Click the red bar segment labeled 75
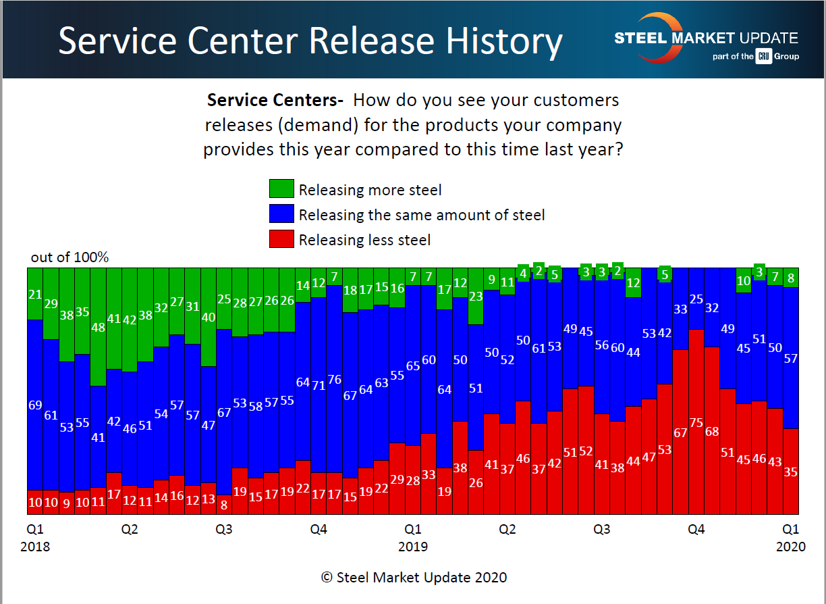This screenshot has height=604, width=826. click(x=696, y=422)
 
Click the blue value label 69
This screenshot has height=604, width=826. click(x=35, y=405)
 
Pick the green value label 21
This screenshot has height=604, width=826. click(x=35, y=294)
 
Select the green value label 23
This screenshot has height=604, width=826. click(x=476, y=296)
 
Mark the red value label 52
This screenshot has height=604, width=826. click(x=586, y=451)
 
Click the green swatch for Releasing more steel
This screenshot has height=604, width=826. click(x=281, y=189)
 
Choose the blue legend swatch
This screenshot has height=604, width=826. click(x=281, y=214)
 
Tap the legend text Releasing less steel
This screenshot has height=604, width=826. click(x=364, y=240)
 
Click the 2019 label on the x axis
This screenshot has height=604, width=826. click(x=413, y=547)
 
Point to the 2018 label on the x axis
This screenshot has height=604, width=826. click(x=35, y=547)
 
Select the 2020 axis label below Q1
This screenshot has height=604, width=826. click(x=791, y=547)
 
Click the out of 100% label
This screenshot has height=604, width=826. click(x=70, y=257)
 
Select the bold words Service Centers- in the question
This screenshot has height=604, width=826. click(x=275, y=101)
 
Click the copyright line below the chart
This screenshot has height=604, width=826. click(x=414, y=578)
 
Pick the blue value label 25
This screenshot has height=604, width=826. click(x=696, y=299)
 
